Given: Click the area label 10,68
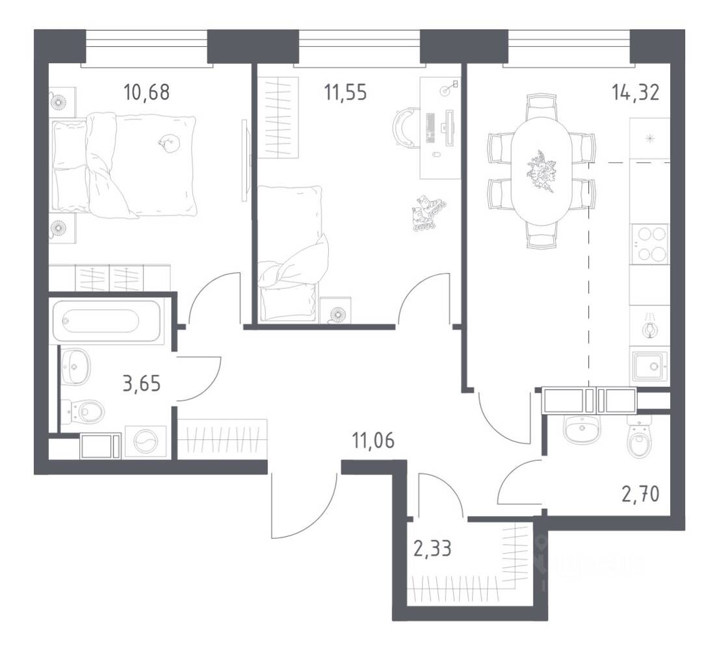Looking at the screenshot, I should (146, 92).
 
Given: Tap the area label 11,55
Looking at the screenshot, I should (345, 92).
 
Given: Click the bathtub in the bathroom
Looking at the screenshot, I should (100, 322).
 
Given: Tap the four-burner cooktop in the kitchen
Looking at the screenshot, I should (649, 243).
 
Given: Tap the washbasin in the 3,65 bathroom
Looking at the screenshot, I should (75, 366).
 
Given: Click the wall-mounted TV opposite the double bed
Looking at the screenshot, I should (245, 161).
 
